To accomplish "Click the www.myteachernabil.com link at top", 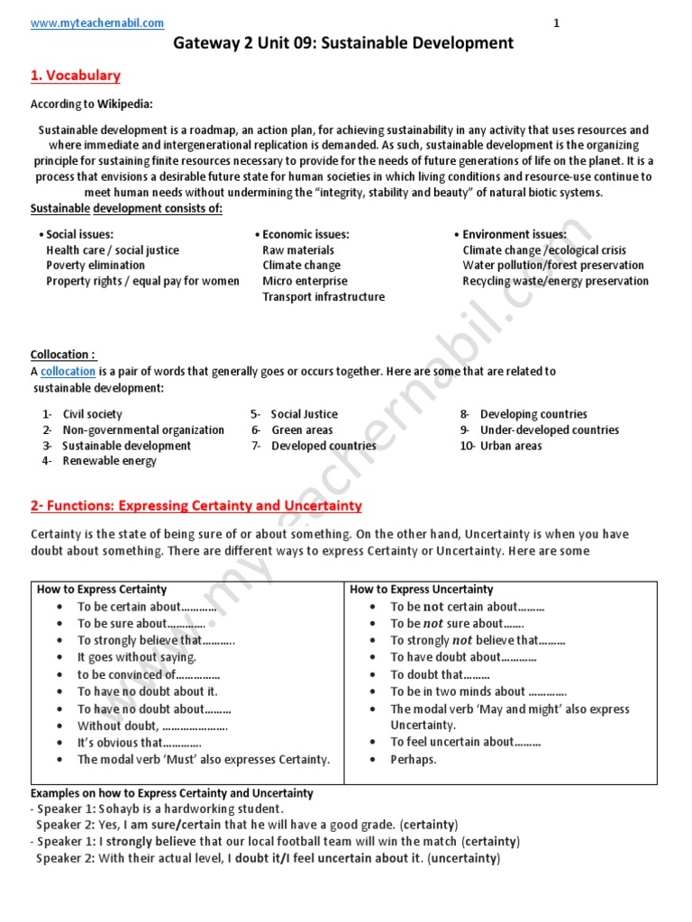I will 97,23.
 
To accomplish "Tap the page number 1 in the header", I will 556,23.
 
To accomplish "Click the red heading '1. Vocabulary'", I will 76,76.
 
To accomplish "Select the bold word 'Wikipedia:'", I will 125,104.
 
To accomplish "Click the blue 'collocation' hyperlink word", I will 68,371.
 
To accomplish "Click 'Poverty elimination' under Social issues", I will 95,266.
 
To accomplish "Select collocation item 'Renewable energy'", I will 109,461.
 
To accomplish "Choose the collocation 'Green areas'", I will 302,430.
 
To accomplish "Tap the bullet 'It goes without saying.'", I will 136,657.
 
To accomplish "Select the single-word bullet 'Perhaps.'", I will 413,759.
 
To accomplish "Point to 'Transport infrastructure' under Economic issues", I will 323,297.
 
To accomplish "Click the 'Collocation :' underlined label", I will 63,355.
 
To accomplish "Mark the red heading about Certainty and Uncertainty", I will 196,506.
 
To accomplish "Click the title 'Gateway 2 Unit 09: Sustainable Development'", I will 343,43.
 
